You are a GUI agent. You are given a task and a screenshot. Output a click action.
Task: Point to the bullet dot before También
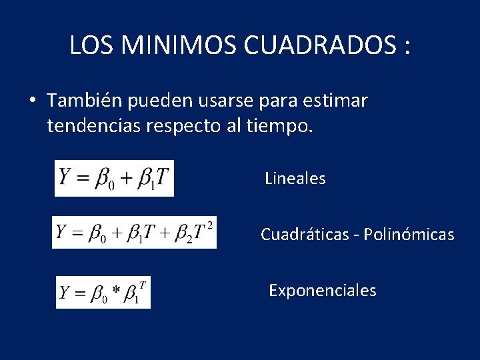click(x=32, y=101)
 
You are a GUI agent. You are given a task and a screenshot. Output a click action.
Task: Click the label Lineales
click(x=295, y=178)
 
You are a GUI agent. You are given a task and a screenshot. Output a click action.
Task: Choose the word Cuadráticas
click(x=302, y=235)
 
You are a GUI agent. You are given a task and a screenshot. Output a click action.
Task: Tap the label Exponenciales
click(x=322, y=291)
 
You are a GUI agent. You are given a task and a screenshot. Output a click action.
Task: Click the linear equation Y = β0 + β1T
click(x=114, y=178)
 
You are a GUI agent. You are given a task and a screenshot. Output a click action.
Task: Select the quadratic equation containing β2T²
click(x=134, y=233)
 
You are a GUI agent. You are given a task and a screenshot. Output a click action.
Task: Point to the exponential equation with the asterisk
click(x=103, y=292)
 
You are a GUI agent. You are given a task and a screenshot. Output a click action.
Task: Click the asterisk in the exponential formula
click(x=117, y=291)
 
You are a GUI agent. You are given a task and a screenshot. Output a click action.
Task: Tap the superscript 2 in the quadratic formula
click(x=210, y=224)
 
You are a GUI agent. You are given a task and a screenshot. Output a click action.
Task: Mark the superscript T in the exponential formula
click(x=143, y=283)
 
